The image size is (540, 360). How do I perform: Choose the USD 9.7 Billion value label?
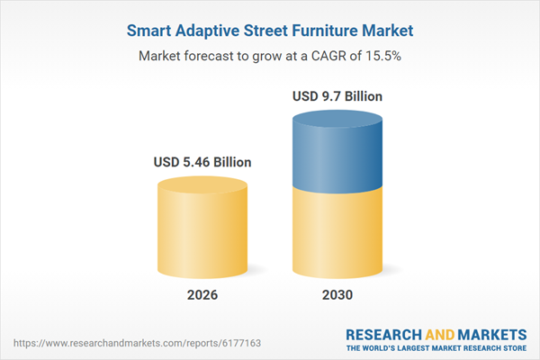(337, 96)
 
